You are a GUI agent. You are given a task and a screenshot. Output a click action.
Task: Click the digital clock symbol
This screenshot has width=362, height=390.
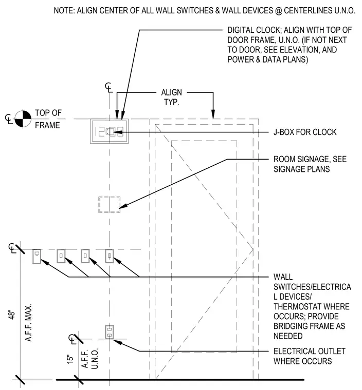click(x=110, y=131)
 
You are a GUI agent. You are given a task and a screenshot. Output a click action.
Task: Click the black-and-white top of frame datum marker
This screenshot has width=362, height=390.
click(x=23, y=119)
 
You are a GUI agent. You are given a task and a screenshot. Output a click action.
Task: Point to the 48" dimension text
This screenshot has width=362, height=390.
click(x=12, y=315)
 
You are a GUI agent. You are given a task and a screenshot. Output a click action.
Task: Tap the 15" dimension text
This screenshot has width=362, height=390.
click(x=70, y=359)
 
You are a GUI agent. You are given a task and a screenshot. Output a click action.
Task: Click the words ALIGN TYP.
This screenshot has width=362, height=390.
click(x=172, y=98)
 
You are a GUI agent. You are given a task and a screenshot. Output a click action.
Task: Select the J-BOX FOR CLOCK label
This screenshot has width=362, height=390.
click(x=305, y=132)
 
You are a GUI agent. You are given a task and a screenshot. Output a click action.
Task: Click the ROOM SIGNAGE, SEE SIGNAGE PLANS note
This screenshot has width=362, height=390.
click(x=310, y=164)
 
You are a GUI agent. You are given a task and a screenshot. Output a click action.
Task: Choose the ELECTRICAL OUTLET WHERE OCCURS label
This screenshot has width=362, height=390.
click(x=309, y=356)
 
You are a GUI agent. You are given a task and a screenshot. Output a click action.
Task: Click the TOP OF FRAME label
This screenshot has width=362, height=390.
click(x=48, y=119)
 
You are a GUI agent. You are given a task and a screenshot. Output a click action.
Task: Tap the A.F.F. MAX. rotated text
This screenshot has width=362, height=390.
click(x=28, y=323)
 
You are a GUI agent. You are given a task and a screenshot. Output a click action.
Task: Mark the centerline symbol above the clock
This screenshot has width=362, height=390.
click(x=108, y=87)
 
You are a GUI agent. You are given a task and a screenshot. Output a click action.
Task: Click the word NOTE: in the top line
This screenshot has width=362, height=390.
click(x=64, y=10)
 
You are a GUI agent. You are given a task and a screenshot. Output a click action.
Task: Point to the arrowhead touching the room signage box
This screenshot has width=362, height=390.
click(x=123, y=206)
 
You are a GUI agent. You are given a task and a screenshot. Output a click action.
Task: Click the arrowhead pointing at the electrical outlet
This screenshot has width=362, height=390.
click(x=118, y=342)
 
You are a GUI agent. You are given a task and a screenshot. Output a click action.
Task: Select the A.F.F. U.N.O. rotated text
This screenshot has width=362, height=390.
click(x=90, y=358)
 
